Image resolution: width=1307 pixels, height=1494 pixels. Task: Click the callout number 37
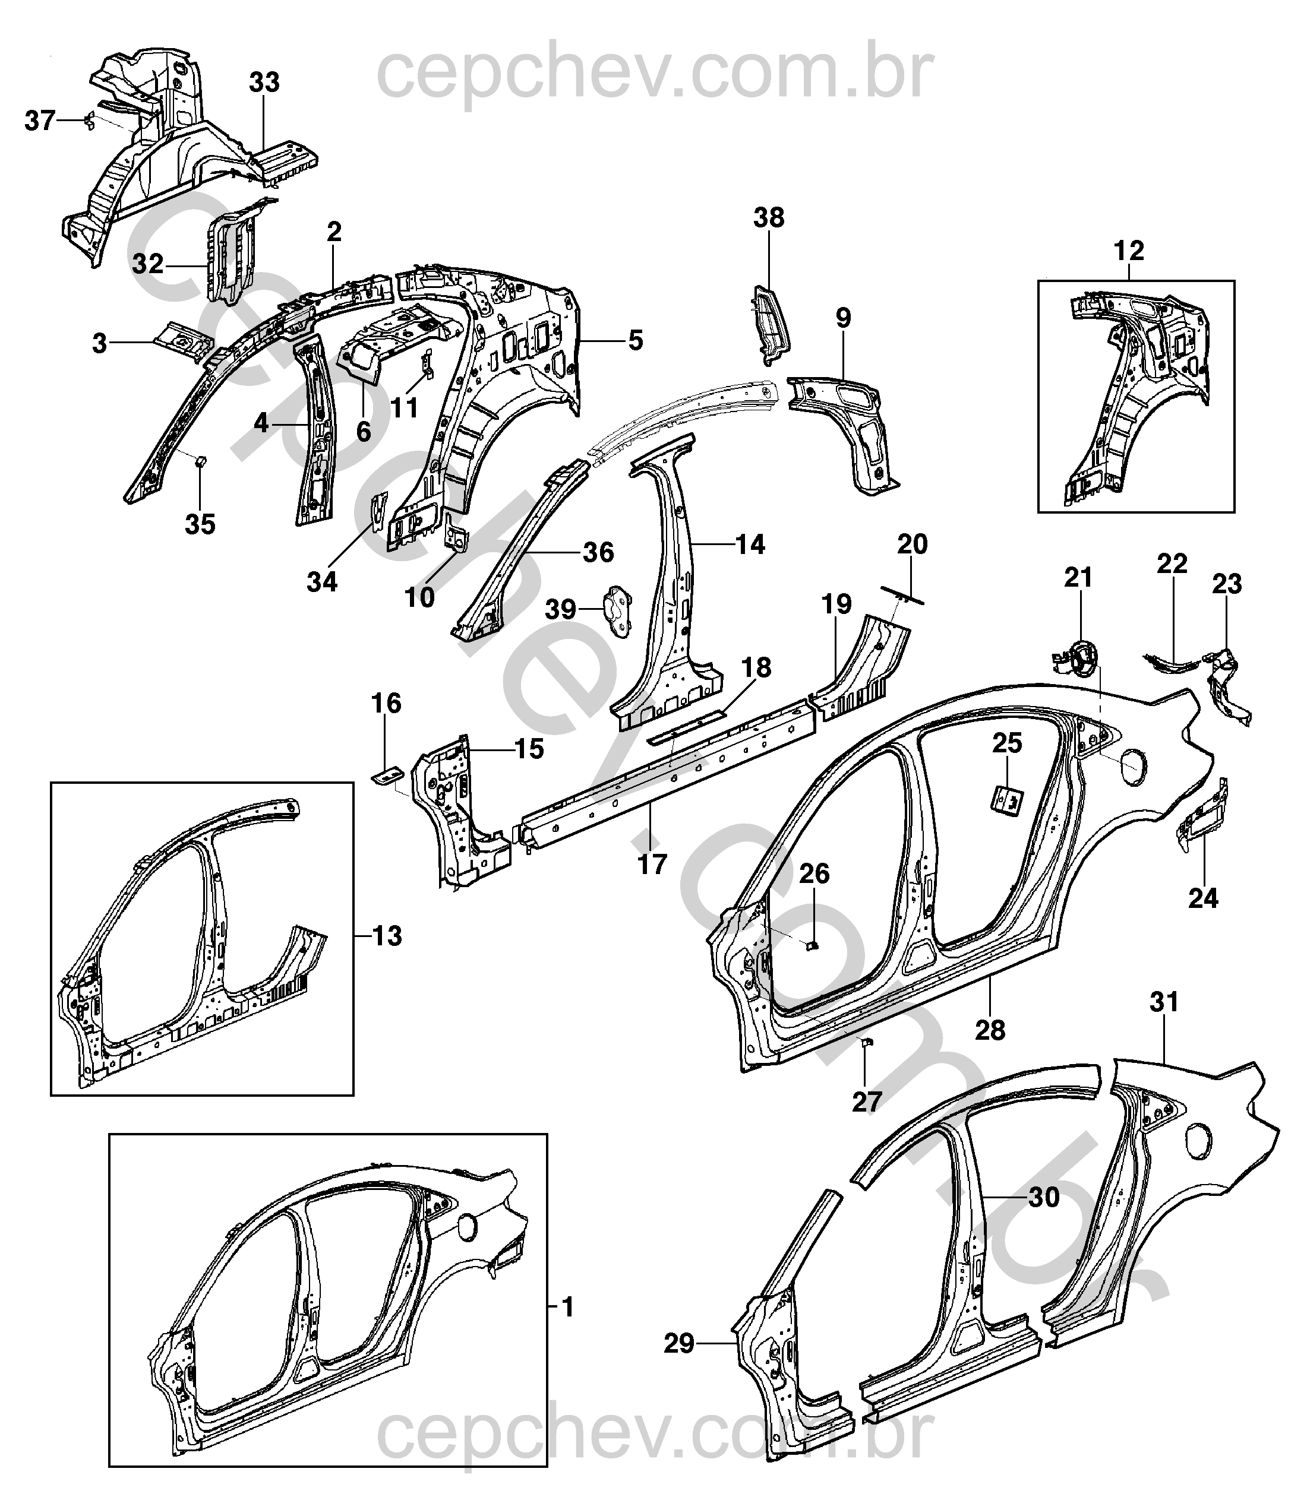click(x=40, y=121)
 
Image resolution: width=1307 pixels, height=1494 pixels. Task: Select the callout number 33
click(x=264, y=83)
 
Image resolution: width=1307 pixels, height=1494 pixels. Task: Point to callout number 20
click(x=912, y=545)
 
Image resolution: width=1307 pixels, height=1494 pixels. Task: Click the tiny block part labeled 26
click(x=811, y=945)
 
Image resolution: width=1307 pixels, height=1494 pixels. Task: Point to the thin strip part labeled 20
click(x=903, y=596)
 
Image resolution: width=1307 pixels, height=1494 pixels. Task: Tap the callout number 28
click(x=990, y=1030)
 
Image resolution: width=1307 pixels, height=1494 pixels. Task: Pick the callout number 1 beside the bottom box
click(x=568, y=1328)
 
